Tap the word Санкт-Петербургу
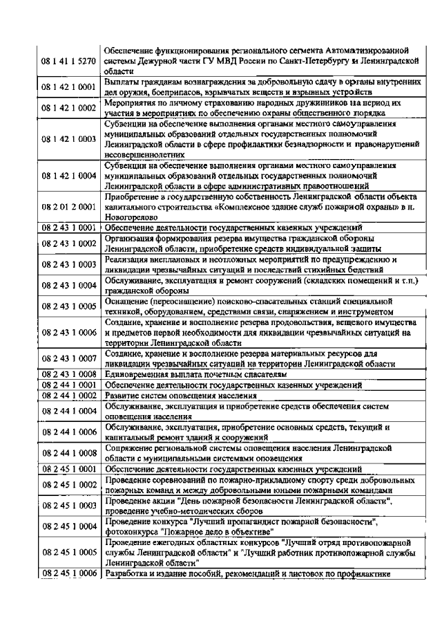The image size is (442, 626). click(320, 61)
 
